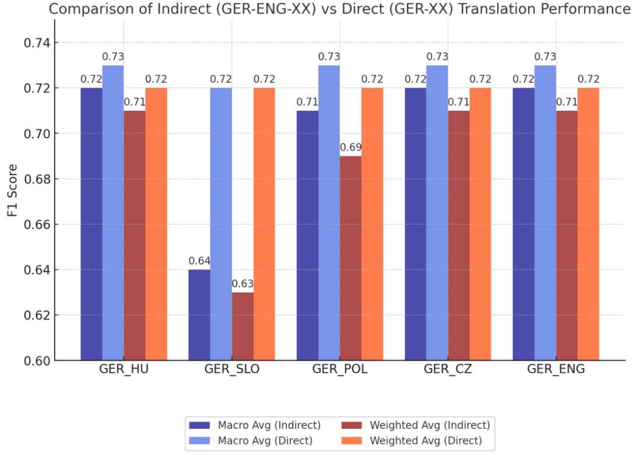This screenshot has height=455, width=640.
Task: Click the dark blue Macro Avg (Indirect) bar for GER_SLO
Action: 199,315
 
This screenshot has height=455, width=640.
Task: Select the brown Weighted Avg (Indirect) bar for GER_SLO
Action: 242,326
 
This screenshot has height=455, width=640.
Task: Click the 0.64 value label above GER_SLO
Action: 199,261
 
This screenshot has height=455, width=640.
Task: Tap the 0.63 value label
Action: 242,283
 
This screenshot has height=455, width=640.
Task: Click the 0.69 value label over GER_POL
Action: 350,147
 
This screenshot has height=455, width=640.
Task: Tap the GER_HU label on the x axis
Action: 124,370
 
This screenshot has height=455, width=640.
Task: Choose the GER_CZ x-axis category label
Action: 448,370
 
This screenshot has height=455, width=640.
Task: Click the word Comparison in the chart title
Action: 83,9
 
